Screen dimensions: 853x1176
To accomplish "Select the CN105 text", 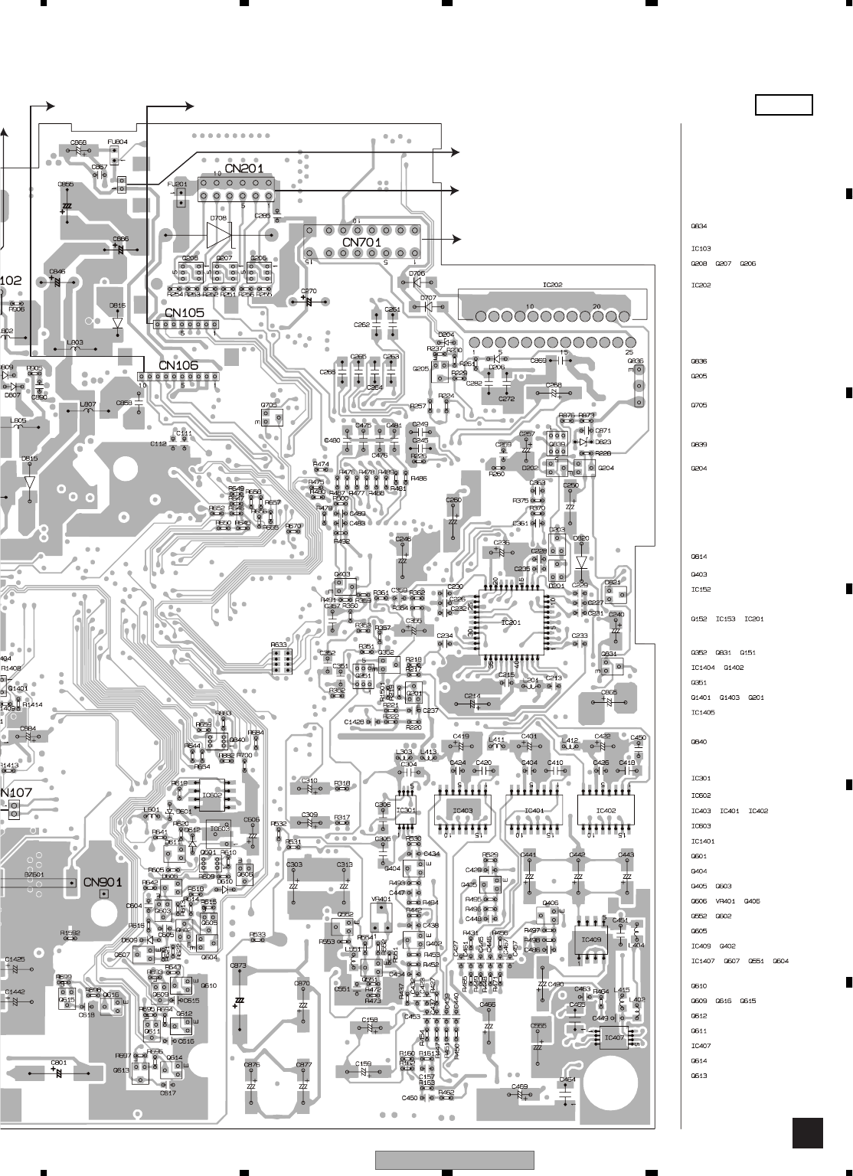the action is click(184, 312).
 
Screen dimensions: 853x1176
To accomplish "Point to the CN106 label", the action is click(178, 365).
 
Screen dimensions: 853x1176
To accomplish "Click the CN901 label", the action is click(102, 882).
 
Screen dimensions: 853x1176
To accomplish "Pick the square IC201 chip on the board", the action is click(510, 622).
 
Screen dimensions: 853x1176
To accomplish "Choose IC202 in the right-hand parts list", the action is click(701, 286).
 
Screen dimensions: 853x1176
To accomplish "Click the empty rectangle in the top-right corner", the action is click(783, 105).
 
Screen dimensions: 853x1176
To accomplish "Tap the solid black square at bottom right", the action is click(807, 1133).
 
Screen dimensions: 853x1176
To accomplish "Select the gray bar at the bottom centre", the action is click(455, 1161).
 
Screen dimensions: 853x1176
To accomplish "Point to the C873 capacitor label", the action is click(238, 966).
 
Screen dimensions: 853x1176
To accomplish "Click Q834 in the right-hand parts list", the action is click(698, 227).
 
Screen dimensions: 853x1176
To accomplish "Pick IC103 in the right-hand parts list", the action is click(701, 249).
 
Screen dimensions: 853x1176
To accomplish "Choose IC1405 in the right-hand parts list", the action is click(702, 713).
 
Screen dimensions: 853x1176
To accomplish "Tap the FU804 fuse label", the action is click(117, 142).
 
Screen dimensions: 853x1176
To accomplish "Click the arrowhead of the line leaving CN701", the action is click(458, 239).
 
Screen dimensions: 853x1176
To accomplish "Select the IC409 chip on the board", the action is click(591, 939).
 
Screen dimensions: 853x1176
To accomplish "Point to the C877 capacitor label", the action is click(303, 1065).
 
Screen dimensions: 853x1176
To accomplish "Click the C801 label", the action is click(59, 1063).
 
